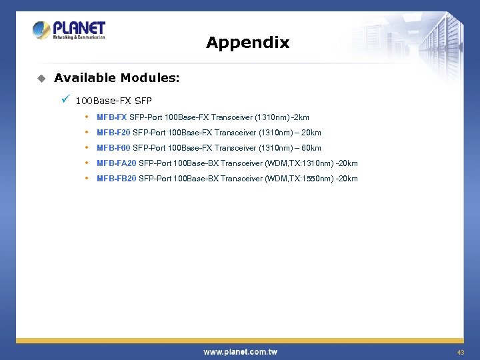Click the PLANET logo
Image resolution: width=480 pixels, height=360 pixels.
tap(69, 30)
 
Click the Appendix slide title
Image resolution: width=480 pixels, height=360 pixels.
tap(247, 43)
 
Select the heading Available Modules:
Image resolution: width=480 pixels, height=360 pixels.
tap(117, 78)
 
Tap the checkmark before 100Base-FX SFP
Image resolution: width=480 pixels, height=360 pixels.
tap(65, 100)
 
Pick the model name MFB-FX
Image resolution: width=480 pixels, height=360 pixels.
tap(111, 117)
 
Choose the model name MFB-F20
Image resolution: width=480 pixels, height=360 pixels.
tap(113, 133)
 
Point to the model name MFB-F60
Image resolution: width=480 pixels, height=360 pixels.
tap(113, 148)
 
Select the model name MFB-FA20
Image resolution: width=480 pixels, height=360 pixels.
tap(116, 163)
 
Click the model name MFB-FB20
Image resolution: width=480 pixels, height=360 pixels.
tap(116, 179)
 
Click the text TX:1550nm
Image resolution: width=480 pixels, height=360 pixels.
tap(311, 179)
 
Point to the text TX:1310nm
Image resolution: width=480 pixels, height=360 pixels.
tap(311, 163)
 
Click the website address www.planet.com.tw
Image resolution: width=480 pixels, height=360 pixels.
tap(240, 351)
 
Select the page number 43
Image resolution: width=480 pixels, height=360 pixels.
tap(460, 351)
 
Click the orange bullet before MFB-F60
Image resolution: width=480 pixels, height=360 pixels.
tap(87, 147)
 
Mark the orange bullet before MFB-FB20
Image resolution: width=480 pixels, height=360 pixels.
tap(87, 178)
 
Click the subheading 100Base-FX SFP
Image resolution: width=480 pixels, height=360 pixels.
tap(114, 101)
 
